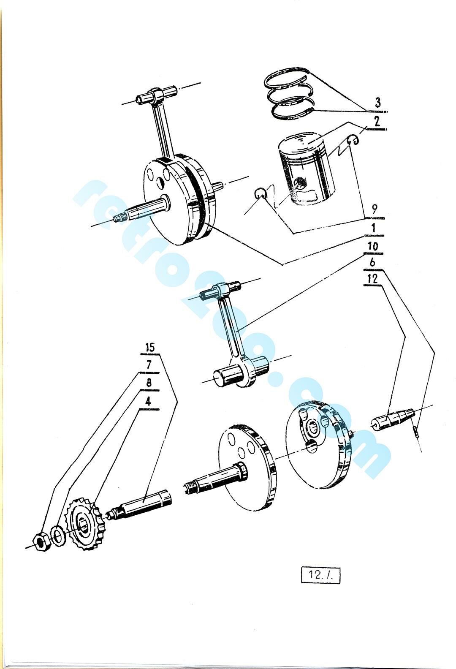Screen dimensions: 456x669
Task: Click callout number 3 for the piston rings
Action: coord(378,103)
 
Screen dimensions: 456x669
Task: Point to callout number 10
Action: coord(373,246)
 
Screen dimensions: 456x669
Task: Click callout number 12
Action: coord(373,279)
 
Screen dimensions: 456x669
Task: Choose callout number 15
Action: coord(150,348)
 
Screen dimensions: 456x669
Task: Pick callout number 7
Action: coord(149,366)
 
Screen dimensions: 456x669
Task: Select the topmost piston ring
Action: coord(287,78)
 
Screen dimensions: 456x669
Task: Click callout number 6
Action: coord(372,263)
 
